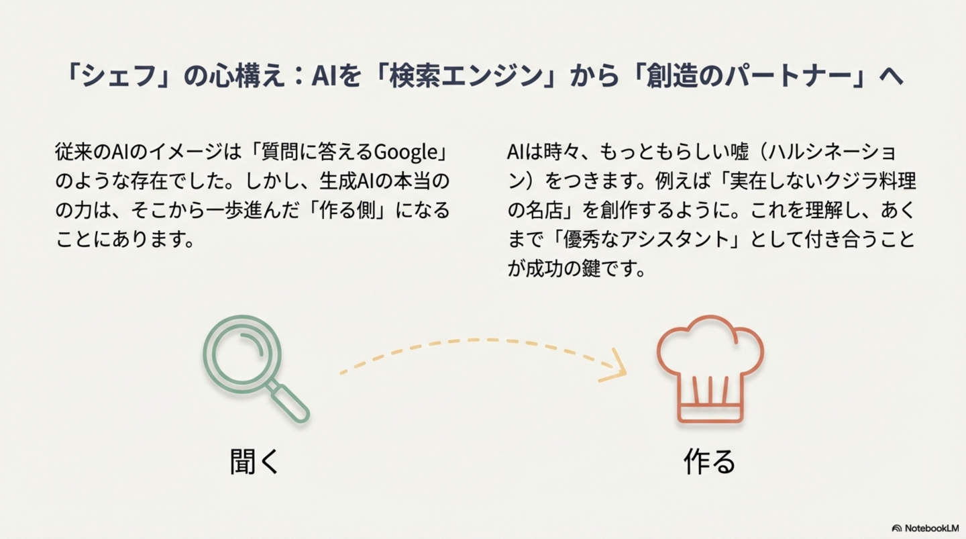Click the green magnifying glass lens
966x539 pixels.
coord(242,354)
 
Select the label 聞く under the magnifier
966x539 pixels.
coord(254,462)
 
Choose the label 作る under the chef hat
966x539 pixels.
coord(710,462)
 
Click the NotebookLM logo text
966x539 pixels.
coord(929,528)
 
